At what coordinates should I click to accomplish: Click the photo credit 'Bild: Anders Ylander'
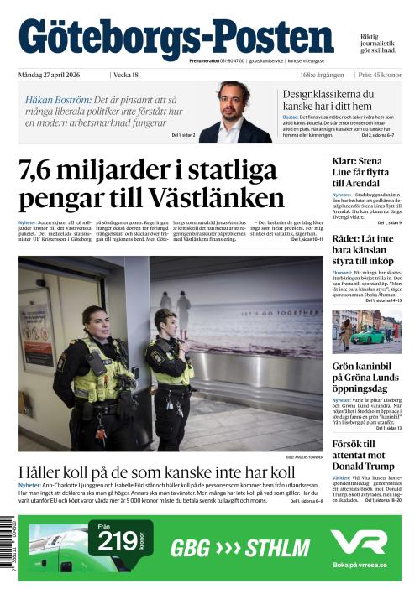pyautogui.click(x=304, y=457)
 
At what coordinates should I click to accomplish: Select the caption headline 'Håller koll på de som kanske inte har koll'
pyautogui.click(x=156, y=472)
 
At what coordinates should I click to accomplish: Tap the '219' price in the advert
pyautogui.click(x=118, y=543)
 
